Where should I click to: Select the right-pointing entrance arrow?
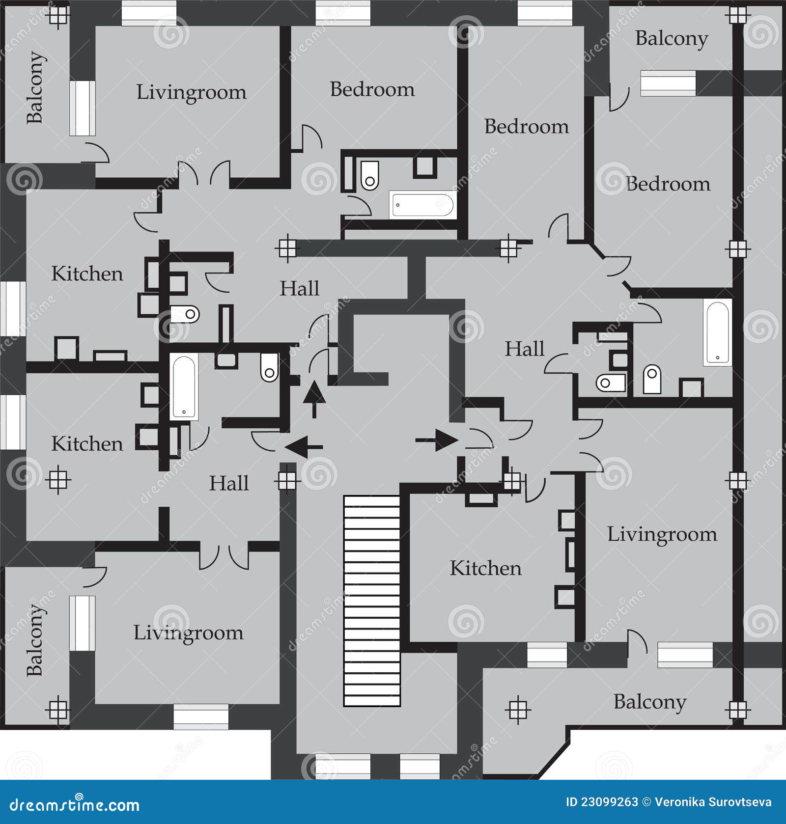[x=436, y=440]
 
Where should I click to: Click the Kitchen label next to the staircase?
[x=485, y=568]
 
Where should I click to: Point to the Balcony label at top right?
[x=671, y=38]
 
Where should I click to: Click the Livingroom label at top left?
[x=191, y=92]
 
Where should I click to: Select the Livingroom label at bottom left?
[x=188, y=632]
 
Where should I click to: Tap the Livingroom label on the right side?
[x=662, y=534]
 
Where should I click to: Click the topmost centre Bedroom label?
[x=372, y=89]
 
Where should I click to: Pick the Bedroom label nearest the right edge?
[x=668, y=184]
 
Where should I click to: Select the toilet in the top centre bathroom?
[x=369, y=175]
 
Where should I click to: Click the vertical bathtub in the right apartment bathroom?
[x=717, y=332]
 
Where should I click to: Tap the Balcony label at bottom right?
[x=649, y=702]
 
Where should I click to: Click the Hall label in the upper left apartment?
[x=299, y=288]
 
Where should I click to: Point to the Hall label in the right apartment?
[x=525, y=349]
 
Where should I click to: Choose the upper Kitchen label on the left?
[x=87, y=274]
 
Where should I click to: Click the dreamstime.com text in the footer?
[x=75, y=805]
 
